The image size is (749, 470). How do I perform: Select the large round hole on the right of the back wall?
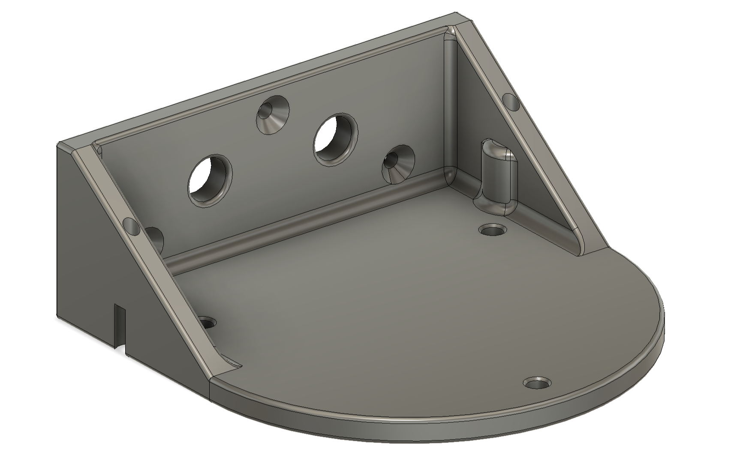335,139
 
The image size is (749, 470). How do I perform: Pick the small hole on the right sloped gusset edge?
510,101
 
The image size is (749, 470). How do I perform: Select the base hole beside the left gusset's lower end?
208,322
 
